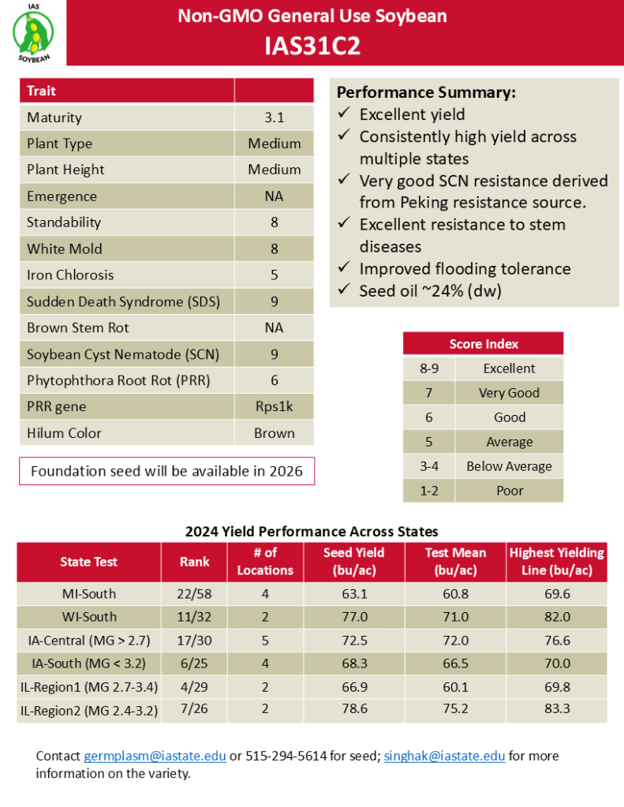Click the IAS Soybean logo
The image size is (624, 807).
[x=34, y=32]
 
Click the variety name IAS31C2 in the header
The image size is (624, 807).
[x=312, y=47]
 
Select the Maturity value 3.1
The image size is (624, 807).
[x=274, y=118]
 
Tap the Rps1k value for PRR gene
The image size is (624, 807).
[x=274, y=406]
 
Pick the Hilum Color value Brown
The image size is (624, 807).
[x=274, y=433]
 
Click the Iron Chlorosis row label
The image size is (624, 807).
[x=70, y=275]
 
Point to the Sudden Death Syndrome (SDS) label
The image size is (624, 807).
[x=123, y=301]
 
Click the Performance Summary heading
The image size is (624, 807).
[x=426, y=92]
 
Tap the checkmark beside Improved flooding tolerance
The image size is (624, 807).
[x=343, y=269]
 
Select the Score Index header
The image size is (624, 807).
[x=483, y=344]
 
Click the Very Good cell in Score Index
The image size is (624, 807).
[x=509, y=393]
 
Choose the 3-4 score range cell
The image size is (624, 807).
[x=429, y=466]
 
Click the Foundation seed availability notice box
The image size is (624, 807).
[x=166, y=472]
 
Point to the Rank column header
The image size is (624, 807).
[x=194, y=562]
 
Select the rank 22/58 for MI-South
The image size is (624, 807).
[x=194, y=593]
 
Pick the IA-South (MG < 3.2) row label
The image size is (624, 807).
[x=89, y=663]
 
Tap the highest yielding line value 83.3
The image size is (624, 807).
[x=557, y=710]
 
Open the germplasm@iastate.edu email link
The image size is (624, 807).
[x=155, y=756]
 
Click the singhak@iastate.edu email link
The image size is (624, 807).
[x=444, y=756]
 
